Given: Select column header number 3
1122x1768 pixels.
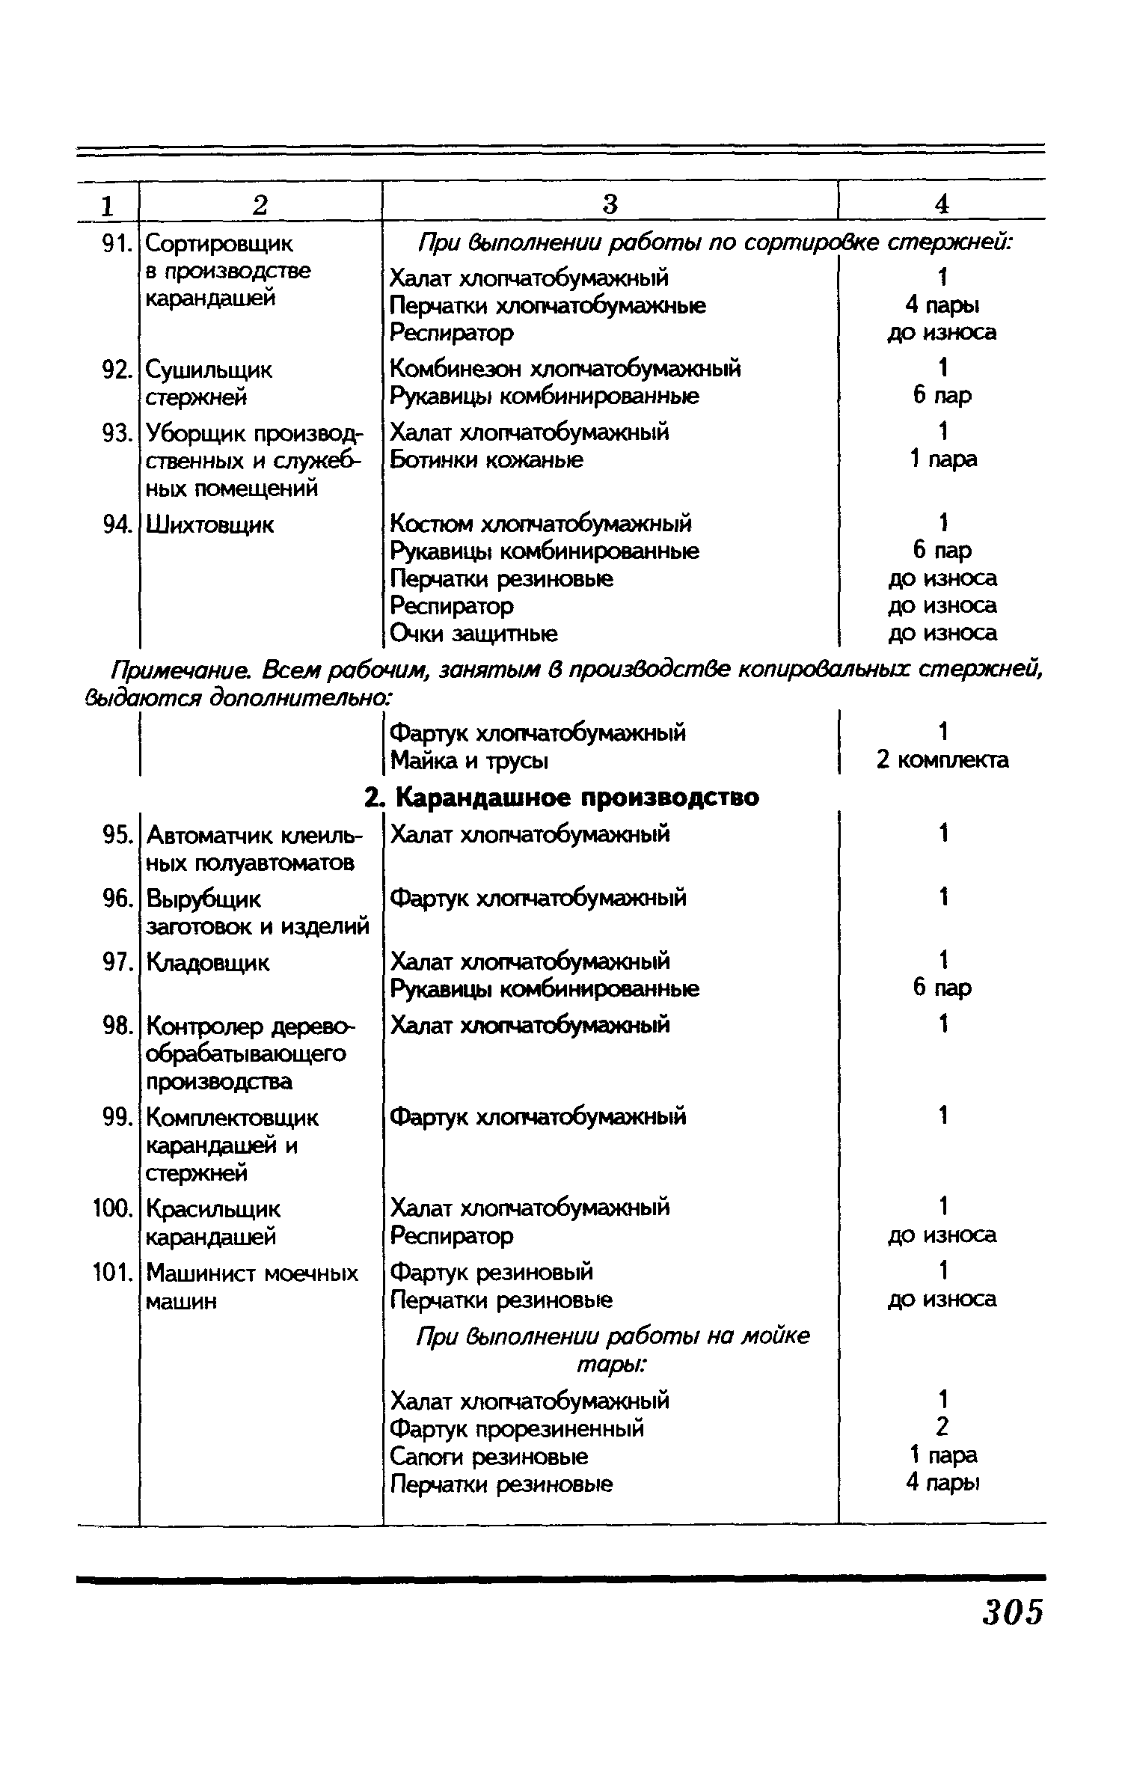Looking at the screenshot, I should pos(610,204).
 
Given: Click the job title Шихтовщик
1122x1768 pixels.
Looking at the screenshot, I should pos(210,525).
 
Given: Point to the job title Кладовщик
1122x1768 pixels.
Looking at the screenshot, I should pos(207,962).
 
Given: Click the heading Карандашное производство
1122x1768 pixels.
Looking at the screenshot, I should pos(576,798).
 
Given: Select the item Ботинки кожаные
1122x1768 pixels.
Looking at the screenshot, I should pos(487,459).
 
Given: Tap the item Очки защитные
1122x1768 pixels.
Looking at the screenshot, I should pos(474,634).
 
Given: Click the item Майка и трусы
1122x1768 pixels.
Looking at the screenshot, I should pos(470,761).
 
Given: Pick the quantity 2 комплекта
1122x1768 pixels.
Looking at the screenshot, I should pos(942,760).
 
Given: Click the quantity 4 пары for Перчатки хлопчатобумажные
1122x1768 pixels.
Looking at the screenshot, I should pos(942,305).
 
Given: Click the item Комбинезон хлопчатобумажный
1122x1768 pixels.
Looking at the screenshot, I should pos(565,369).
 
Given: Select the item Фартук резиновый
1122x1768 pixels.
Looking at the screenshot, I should pos(492,1272).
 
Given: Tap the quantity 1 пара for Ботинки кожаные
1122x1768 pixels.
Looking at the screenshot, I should pos(942,459).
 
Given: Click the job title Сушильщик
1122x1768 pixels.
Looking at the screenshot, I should pos(209,370).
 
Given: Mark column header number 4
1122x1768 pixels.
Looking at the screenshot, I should pos(942,204).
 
